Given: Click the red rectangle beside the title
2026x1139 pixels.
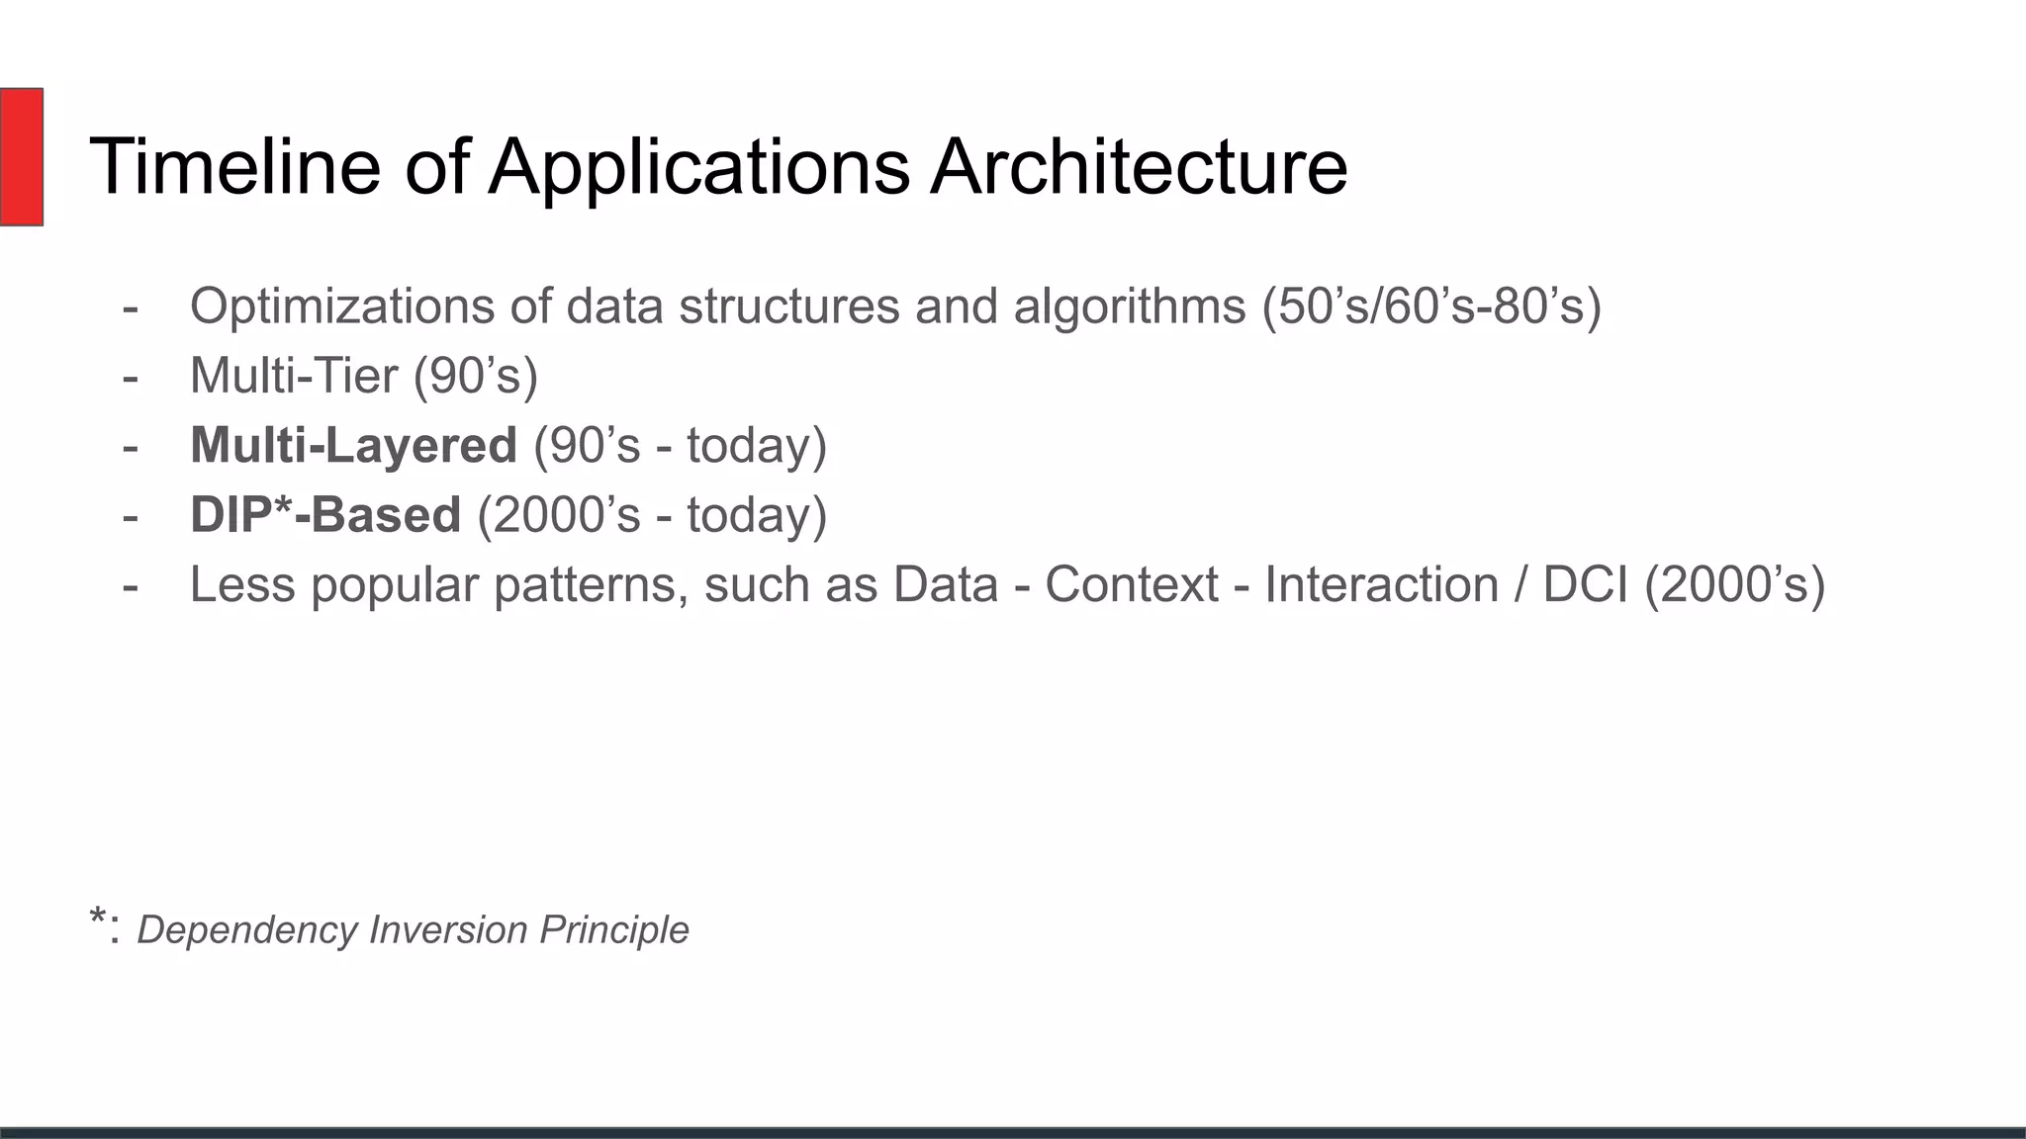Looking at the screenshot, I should tap(21, 156).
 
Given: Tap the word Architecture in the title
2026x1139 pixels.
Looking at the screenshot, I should tap(1138, 166).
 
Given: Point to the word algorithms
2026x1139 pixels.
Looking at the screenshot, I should tap(1129, 307).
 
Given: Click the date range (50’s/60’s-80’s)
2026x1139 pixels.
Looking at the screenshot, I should tap(1430, 307).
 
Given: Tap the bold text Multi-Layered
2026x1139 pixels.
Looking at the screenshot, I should tap(353, 446).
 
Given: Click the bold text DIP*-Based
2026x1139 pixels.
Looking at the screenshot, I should tap(325, 515).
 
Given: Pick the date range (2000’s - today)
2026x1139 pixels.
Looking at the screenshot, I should tap(652, 515).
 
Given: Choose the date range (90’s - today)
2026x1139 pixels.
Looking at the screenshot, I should tap(680, 446).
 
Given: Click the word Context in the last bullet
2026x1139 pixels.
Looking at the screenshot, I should tap(1131, 584).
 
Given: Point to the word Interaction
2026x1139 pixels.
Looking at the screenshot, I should tap(1381, 584).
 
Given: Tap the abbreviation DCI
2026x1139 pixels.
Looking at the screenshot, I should tap(1585, 584).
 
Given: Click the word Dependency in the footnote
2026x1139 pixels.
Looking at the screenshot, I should tap(247, 930).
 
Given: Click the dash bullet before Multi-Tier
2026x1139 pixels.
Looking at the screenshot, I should tap(130, 377).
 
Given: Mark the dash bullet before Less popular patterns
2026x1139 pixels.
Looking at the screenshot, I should tap(130, 585).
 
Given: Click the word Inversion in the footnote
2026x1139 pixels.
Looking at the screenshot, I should tap(448, 930).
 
